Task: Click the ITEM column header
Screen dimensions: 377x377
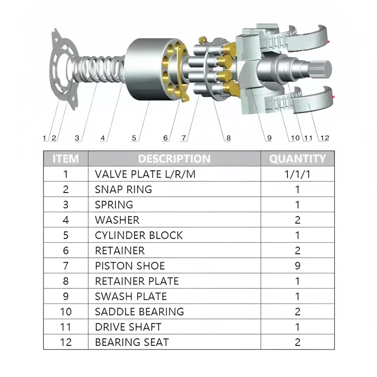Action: pos(66,159)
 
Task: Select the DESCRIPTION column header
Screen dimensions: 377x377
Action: pos(174,159)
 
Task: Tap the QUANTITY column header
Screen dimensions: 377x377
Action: pos(297,159)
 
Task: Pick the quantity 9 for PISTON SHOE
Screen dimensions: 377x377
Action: pos(297,266)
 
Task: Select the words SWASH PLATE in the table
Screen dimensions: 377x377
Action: pos(131,297)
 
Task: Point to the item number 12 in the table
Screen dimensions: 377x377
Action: pos(66,342)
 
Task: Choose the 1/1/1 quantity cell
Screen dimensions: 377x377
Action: pos(297,174)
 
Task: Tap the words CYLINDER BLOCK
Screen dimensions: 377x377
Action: pos(139,235)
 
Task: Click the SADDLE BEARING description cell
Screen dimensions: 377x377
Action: pos(139,312)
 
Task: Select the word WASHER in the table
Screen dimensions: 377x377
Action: pos(117,220)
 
